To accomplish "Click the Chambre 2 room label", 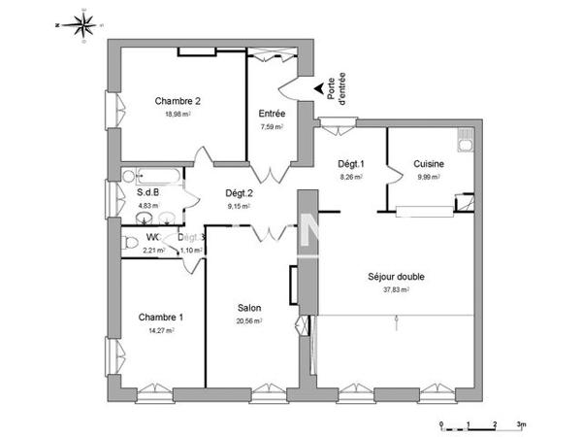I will click(178, 100).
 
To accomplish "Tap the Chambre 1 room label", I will click(161, 317).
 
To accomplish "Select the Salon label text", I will click(249, 308).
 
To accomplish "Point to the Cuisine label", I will click(429, 164).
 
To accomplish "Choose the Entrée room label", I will click(271, 114).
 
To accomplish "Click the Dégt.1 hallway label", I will click(350, 164).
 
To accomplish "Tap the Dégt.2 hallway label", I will click(239, 192).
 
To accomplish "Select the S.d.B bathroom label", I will click(146, 192).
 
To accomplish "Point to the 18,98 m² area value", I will click(177, 114).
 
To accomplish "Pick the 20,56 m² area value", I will click(249, 321).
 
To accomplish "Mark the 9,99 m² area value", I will click(429, 178).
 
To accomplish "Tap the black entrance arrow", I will click(320, 90).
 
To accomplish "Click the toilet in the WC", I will click(130, 242).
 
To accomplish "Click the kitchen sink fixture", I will click(467, 143).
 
